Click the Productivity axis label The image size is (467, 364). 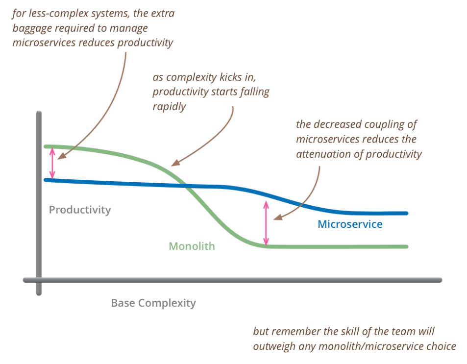pyautogui.click(x=80, y=210)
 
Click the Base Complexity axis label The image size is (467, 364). pyautogui.click(x=153, y=303)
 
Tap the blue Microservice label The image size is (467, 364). pyautogui.click(x=350, y=224)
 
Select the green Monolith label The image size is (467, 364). pyautogui.click(x=192, y=246)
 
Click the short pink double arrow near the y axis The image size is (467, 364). pyautogui.click(x=53, y=163)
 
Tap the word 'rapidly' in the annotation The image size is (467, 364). pyautogui.click(x=169, y=106)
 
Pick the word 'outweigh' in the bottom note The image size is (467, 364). pyautogui.click(x=273, y=346)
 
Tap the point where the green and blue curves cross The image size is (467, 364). pyautogui.click(x=187, y=186)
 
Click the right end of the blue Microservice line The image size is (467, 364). pyautogui.click(x=406, y=213)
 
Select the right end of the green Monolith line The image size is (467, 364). pyautogui.click(x=406, y=246)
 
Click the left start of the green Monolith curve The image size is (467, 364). pyautogui.click(x=46, y=146)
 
